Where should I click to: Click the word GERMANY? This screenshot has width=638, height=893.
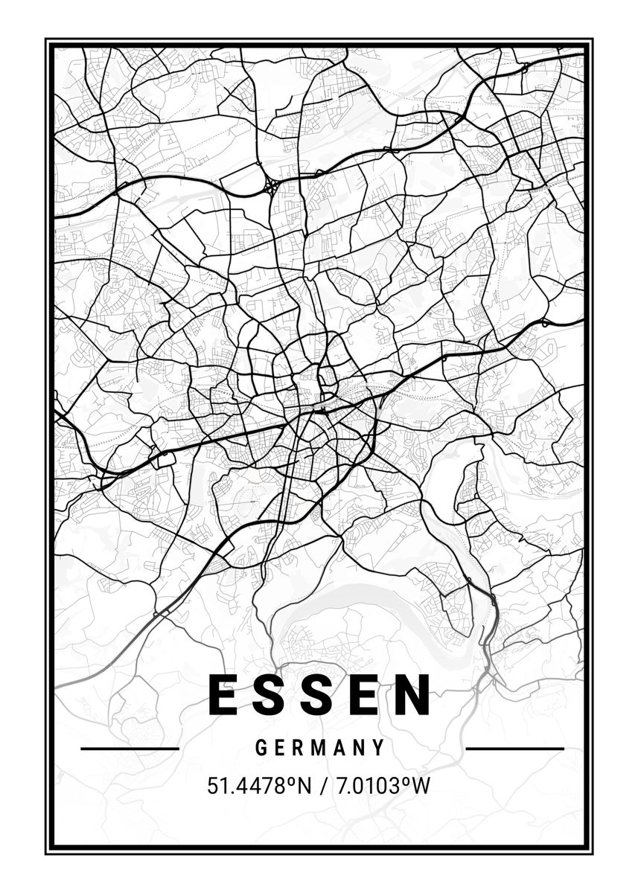[320, 748]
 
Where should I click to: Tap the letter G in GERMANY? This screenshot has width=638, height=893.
[261, 748]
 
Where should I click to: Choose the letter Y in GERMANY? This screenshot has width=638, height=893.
[380, 748]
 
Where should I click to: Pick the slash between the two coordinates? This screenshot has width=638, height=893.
[320, 785]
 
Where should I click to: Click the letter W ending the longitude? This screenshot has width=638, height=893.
[422, 785]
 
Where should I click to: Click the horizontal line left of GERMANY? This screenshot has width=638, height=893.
[130, 748]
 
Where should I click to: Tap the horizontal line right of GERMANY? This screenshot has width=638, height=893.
[514, 748]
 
